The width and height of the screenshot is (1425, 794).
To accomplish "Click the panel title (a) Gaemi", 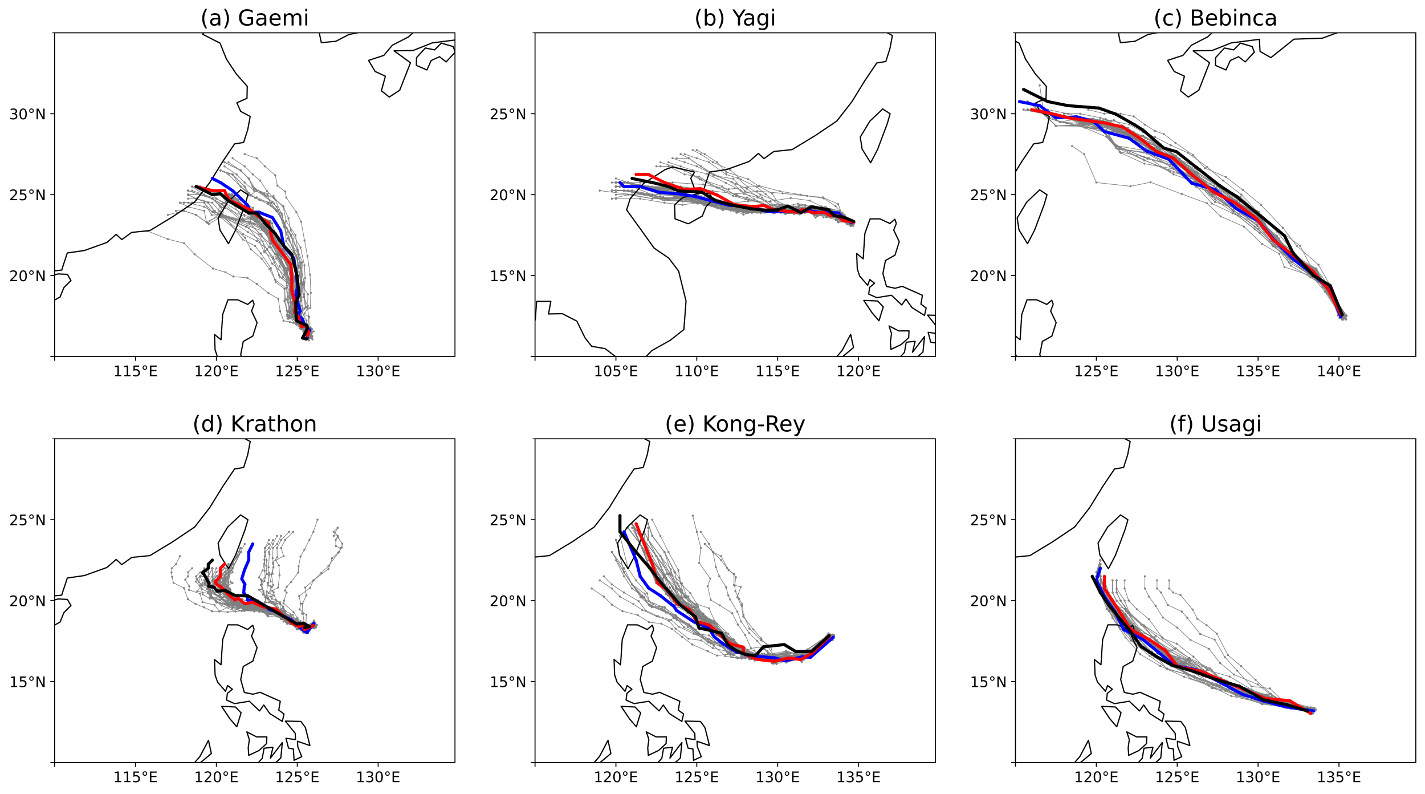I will point(254,18).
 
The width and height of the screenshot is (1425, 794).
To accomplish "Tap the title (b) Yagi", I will point(735,18).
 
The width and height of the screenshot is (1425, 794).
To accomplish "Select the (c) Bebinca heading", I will point(1215,18).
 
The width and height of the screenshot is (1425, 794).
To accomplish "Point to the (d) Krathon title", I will point(254,424).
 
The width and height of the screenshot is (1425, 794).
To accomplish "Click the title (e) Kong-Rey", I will point(735,424).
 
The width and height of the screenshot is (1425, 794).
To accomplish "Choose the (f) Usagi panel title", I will point(1215,424).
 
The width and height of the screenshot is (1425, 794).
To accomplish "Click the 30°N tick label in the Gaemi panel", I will point(27,114).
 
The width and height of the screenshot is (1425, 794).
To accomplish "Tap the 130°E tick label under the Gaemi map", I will point(378,372).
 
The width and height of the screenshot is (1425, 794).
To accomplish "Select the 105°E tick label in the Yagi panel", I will point(616,372).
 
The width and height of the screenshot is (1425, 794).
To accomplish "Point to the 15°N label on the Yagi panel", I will point(508,276).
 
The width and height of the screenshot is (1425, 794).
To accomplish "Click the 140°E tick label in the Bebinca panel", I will point(1338,372).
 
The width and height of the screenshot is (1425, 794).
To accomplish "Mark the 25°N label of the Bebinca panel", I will point(988,195).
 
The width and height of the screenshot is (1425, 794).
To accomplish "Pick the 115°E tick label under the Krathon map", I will point(135,777).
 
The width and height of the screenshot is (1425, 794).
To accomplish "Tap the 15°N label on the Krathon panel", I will point(27,682).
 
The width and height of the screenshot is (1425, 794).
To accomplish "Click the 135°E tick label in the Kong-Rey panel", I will point(858,777).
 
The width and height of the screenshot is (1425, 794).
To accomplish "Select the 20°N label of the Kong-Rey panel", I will point(508,601).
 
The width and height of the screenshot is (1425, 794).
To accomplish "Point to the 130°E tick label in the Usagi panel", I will point(1258,777).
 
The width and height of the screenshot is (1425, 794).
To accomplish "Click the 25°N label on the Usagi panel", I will point(988,520).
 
